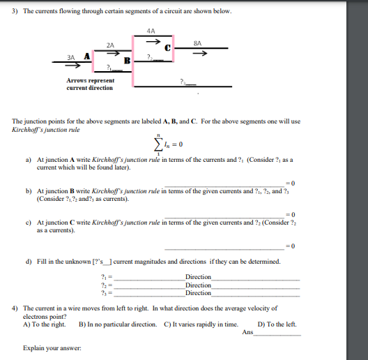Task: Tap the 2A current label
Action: click(110, 44)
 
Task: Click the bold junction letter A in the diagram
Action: click(86, 57)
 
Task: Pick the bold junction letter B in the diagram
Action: click(127, 61)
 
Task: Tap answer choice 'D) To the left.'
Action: click(277, 324)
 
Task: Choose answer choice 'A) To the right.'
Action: click(45, 324)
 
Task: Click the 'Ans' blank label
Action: click(248, 333)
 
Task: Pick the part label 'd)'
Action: click(29, 262)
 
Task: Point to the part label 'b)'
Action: click(29, 190)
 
